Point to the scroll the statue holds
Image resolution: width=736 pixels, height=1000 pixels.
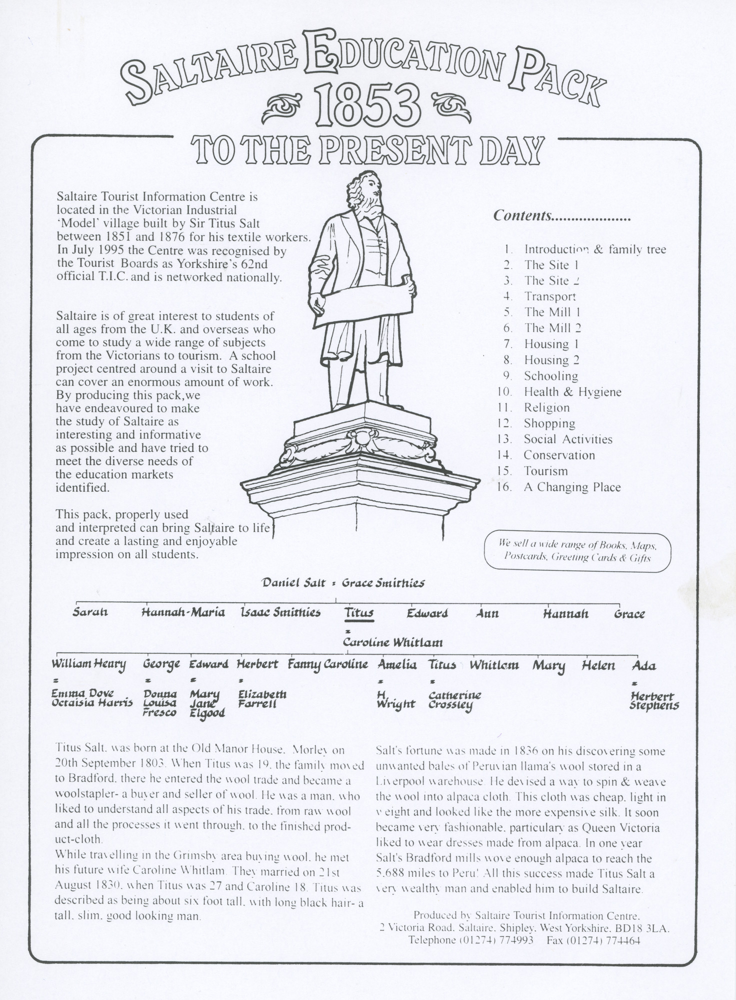[365, 303]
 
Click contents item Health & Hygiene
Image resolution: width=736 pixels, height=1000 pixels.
[572, 392]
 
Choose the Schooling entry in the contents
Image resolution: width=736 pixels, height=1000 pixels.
[550, 376]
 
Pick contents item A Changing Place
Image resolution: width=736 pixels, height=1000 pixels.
[572, 487]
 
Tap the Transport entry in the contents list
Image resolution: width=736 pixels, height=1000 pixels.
[550, 296]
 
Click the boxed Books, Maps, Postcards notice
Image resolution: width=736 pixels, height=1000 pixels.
[577, 550]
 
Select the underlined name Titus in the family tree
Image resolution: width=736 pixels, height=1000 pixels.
[359, 612]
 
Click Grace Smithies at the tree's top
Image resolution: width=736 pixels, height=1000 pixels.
[383, 583]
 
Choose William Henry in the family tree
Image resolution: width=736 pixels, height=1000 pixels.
[89, 665]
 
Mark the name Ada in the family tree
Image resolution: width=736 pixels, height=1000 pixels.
[644, 665]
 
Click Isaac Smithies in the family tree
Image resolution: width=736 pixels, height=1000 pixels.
[280, 612]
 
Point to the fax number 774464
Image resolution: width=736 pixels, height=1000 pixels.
[622, 940]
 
